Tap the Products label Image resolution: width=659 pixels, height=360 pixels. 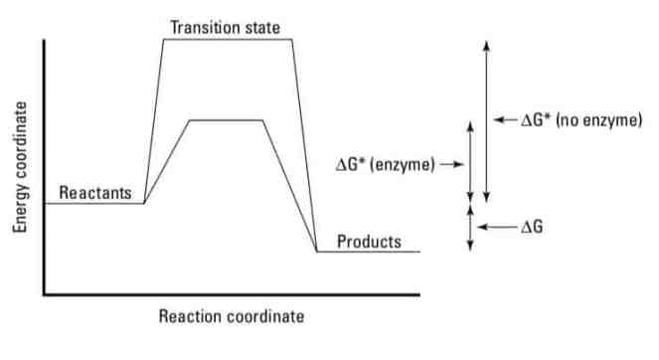pos(369,242)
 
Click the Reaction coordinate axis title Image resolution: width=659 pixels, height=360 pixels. pos(232,317)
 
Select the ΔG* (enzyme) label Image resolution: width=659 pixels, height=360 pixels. pos(385,164)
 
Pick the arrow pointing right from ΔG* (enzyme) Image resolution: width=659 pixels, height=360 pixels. pos(452,164)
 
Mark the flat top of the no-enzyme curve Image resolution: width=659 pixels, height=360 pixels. pos(228,40)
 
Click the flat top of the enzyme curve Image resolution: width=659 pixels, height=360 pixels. pos(226,120)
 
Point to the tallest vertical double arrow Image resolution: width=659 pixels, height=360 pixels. pos(485,119)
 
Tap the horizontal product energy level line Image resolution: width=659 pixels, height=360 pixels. pos(368,252)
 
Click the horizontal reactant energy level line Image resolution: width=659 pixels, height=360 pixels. pos(94,203)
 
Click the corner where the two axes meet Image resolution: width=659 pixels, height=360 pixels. pos(44,294)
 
